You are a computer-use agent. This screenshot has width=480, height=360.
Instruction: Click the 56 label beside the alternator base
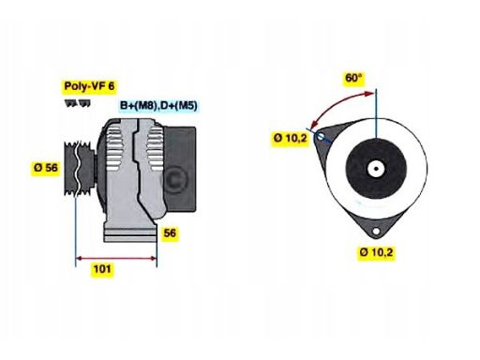click(x=171, y=232)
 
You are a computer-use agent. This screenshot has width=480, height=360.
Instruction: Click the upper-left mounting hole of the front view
click(x=322, y=138)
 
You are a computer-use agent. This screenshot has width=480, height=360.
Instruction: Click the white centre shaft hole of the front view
click(x=373, y=170)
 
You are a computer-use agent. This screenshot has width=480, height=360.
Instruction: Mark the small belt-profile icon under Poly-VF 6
click(x=72, y=102)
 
